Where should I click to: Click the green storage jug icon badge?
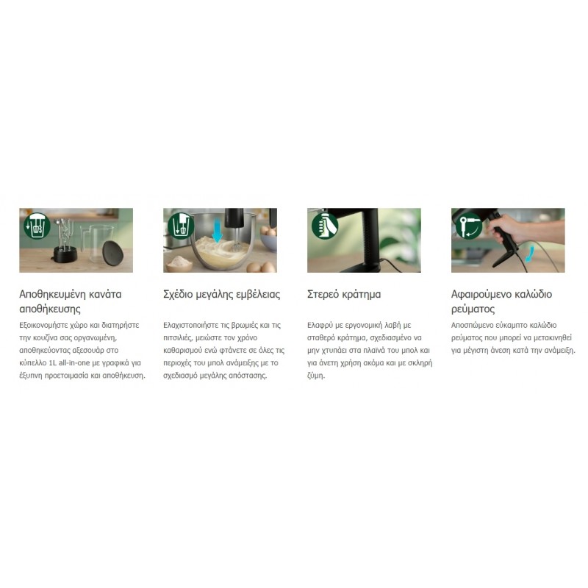tap(37, 226)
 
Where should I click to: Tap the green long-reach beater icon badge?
tap(181, 226)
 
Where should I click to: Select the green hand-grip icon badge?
tap(325, 226)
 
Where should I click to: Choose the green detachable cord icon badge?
tap(469, 226)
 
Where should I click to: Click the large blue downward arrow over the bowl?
tap(217, 231)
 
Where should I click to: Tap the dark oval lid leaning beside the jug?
tap(112, 253)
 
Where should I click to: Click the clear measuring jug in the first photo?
tap(96, 243)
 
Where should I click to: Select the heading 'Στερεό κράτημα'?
tap(344, 295)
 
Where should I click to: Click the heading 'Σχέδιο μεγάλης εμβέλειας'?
tap(222, 295)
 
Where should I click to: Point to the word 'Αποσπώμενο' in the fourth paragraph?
tap(472, 326)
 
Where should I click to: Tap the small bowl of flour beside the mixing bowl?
tap(179, 263)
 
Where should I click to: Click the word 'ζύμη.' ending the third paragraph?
tap(316, 376)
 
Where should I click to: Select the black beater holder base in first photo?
tap(65, 255)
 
